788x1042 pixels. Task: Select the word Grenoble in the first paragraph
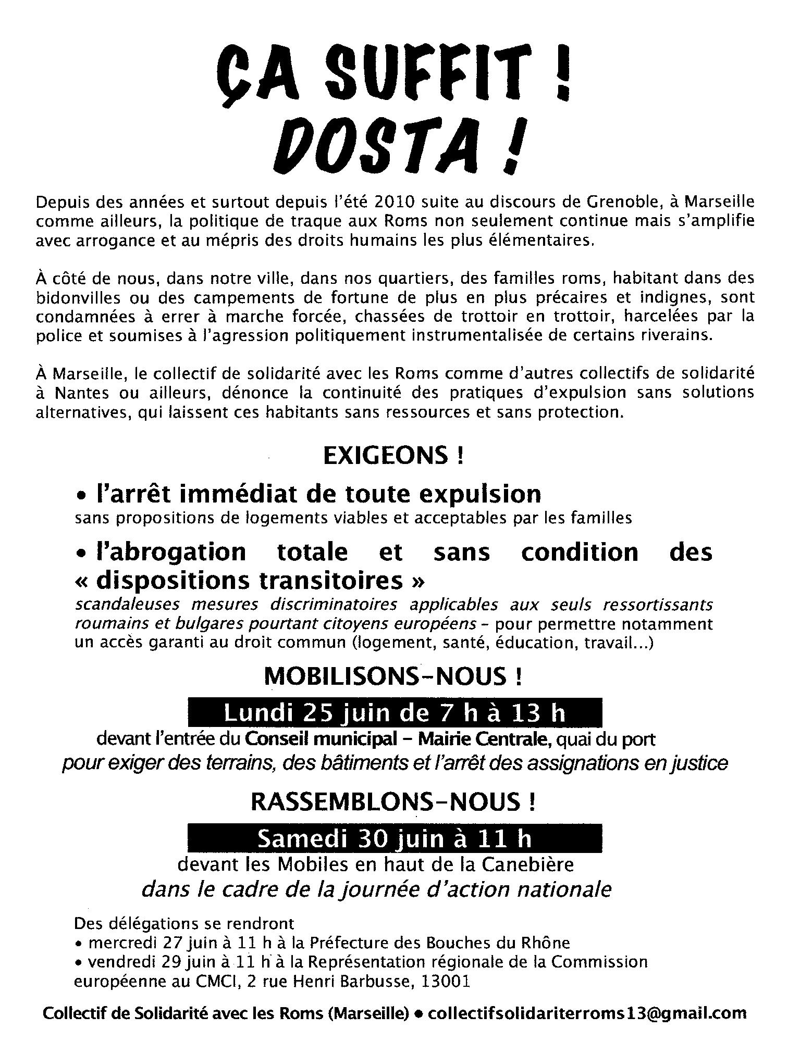click(625, 202)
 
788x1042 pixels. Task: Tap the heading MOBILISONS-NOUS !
click(393, 676)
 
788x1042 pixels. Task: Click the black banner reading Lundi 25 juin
click(395, 713)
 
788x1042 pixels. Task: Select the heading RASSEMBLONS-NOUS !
click(393, 802)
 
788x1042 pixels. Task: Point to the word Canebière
click(527, 864)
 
